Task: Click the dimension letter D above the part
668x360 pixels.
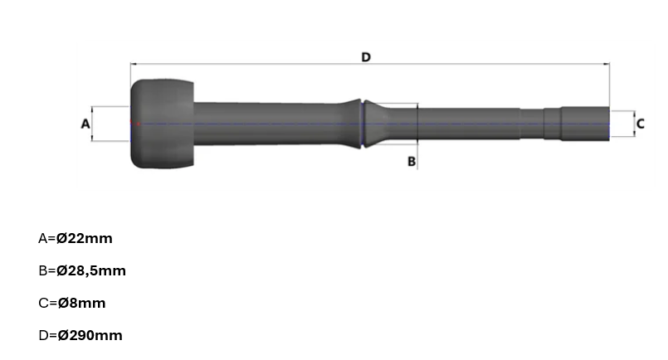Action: (x=366, y=57)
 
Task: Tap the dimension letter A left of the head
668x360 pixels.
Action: (x=85, y=124)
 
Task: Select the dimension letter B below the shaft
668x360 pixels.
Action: (x=412, y=162)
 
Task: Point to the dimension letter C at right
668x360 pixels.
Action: (x=641, y=124)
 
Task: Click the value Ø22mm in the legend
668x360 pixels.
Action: (x=85, y=238)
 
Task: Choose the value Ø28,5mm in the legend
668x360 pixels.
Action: (x=91, y=270)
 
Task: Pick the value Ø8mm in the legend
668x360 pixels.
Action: (x=82, y=303)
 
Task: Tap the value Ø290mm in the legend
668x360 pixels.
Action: (x=90, y=335)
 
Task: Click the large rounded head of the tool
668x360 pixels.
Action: (x=162, y=124)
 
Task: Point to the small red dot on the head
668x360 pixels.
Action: (x=138, y=124)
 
